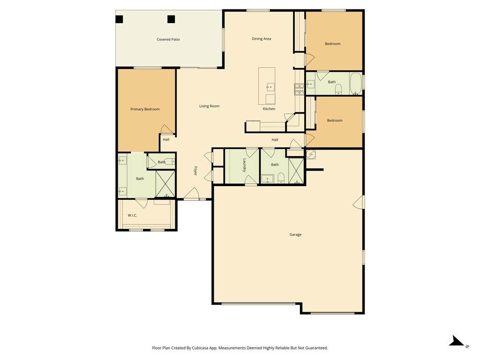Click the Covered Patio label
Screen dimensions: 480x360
pos(168,39)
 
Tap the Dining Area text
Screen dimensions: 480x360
pos(261,39)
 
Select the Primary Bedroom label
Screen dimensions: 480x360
pos(145,109)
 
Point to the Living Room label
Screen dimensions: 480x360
pos(210,106)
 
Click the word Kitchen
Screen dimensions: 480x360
pos(269,109)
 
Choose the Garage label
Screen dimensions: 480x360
pos(295,235)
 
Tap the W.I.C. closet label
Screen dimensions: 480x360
pos(132,216)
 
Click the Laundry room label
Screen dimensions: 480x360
pos(244,165)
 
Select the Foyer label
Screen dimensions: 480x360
pos(195,171)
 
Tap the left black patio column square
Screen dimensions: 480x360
pos(119,19)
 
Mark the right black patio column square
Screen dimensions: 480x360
pos(171,19)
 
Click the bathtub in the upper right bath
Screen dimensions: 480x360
pos(356,83)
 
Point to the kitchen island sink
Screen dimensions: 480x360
pos(270,87)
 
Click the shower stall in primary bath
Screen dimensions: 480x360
pos(165,184)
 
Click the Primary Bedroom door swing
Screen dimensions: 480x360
pos(167,129)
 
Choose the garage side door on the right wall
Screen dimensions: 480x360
pos(359,202)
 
